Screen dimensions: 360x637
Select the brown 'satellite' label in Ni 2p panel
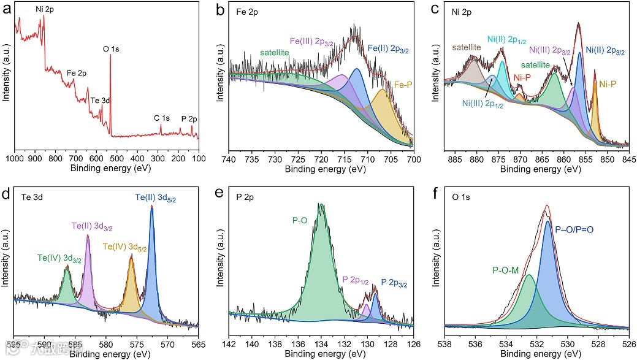(467, 47)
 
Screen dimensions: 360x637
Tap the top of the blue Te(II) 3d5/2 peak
(151, 207)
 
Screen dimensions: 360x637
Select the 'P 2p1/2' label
(356, 280)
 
